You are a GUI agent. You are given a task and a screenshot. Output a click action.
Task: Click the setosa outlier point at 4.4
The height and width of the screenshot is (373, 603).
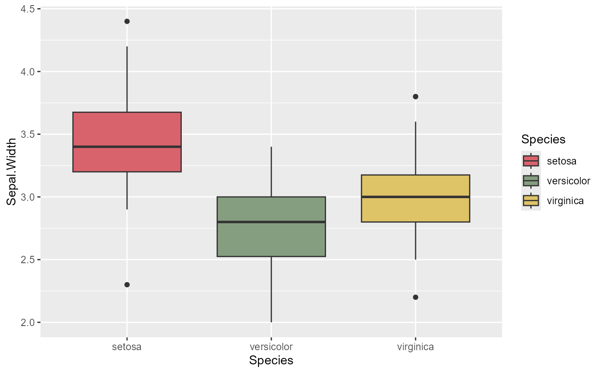point(127,22)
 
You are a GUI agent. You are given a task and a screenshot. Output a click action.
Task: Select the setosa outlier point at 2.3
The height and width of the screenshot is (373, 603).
point(127,285)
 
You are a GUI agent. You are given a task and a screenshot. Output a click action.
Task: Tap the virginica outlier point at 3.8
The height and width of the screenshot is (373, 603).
point(416,96)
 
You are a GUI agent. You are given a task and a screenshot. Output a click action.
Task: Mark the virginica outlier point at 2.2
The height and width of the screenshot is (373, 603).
point(416,297)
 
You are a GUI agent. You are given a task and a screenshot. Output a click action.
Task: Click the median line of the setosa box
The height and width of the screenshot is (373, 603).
point(127,147)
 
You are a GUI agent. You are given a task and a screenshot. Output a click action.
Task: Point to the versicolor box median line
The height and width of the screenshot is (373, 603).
point(271,222)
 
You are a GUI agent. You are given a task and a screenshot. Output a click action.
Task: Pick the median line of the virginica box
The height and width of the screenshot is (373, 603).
point(416,197)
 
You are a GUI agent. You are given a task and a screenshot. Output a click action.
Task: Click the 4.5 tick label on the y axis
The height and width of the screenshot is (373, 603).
point(28,9)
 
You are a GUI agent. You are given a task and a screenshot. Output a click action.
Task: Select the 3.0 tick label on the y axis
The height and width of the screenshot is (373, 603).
point(28,197)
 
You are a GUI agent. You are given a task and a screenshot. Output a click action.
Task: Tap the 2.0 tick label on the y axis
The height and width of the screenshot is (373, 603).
point(28,323)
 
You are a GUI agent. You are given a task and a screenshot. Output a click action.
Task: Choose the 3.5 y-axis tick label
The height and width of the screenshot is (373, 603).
point(28,134)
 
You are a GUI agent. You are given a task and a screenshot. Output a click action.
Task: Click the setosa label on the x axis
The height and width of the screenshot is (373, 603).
point(127,346)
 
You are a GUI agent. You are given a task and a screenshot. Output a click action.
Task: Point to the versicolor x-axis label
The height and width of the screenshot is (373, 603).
point(271,346)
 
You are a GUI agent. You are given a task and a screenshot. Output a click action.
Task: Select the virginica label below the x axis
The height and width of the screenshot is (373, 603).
point(416,346)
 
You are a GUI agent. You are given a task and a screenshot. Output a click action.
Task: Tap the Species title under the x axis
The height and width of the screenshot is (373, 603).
point(271,361)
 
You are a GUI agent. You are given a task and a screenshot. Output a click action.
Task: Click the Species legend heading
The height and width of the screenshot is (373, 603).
point(543,140)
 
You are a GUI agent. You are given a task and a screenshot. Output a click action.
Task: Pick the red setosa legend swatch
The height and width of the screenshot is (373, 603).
point(531,161)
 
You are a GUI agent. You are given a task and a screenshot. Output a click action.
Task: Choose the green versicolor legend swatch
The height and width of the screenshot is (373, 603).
point(531,180)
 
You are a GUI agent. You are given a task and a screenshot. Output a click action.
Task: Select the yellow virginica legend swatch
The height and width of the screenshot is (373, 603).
point(531,200)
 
